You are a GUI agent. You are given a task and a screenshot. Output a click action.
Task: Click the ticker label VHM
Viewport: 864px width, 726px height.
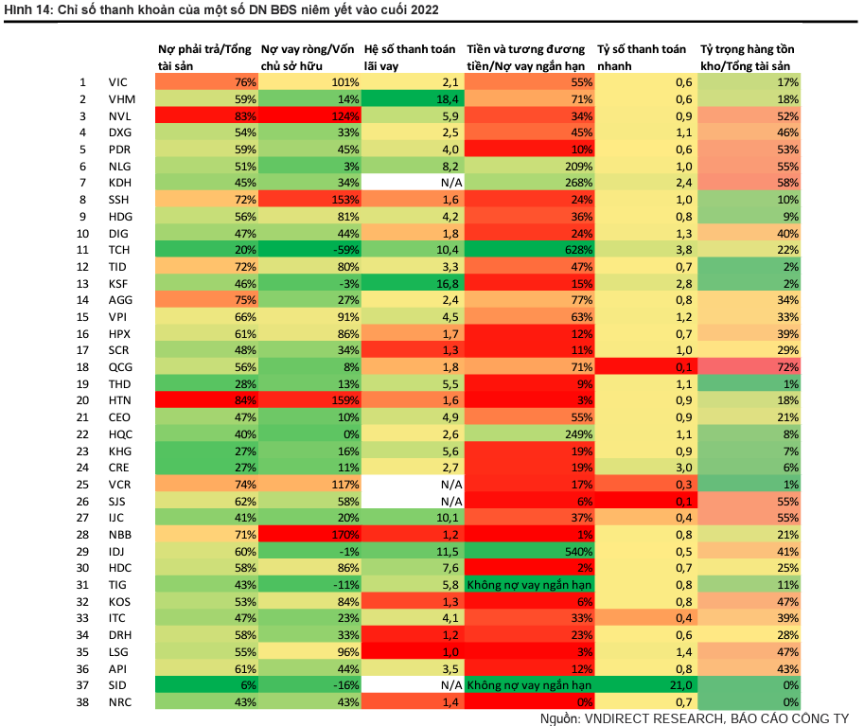pyautogui.click(x=120, y=98)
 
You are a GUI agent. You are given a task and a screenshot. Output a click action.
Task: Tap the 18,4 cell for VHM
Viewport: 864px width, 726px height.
pyautogui.click(x=412, y=98)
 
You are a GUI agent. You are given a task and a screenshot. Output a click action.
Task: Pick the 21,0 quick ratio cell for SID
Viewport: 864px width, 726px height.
pyautogui.click(x=645, y=685)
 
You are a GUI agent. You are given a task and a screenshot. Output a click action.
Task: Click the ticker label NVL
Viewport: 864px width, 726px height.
pyautogui.click(x=120, y=115)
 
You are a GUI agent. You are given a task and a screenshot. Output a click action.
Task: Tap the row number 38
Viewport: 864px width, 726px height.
pyautogui.click(x=81, y=701)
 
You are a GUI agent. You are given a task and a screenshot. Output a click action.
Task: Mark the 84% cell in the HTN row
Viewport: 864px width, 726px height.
pyautogui.click(x=206, y=400)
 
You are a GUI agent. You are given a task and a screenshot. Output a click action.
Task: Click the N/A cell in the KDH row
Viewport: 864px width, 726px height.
pyautogui.click(x=412, y=181)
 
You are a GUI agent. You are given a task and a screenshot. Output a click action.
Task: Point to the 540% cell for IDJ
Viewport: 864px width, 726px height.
pyautogui.click(x=530, y=551)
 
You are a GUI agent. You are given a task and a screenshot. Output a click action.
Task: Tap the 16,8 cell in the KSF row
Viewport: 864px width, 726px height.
pyautogui.click(x=412, y=282)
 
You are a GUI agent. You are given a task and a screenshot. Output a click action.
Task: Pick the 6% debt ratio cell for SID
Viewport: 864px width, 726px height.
pyautogui.click(x=206, y=685)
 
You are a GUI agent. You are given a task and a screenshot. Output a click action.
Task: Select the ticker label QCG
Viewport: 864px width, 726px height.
pyautogui.click(x=120, y=366)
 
